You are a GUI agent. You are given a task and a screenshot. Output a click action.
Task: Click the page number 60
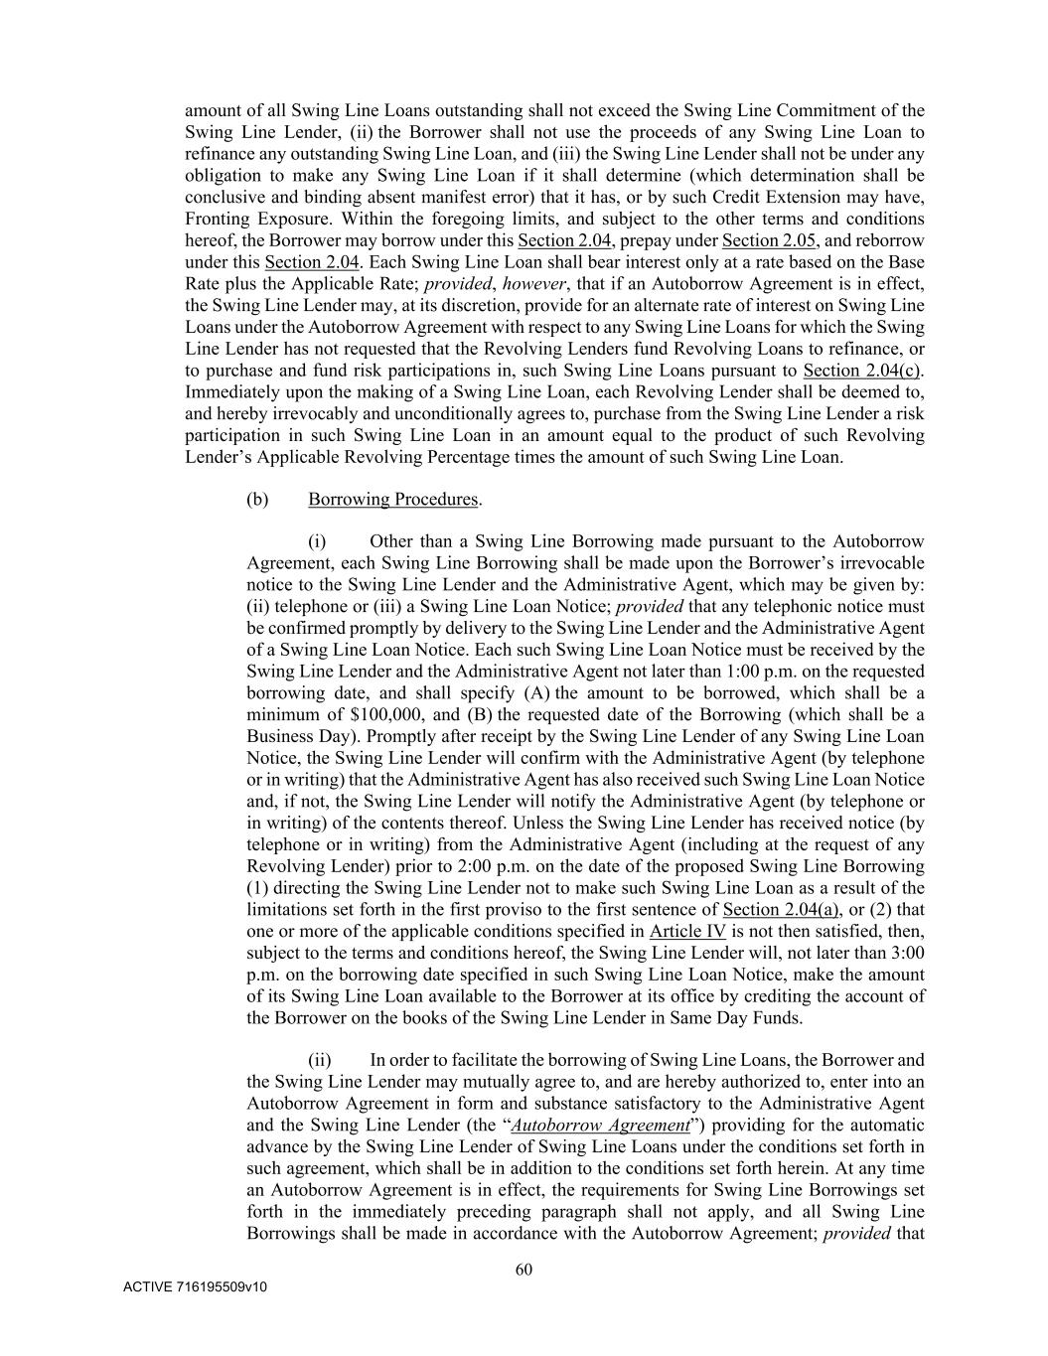524,1269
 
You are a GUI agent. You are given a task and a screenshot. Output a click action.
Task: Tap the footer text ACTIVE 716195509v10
195,1287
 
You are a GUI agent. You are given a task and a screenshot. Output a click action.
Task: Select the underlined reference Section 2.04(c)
862,371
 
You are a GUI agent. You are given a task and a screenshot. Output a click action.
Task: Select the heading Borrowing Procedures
393,499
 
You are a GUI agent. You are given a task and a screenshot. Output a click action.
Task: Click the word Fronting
216,219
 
